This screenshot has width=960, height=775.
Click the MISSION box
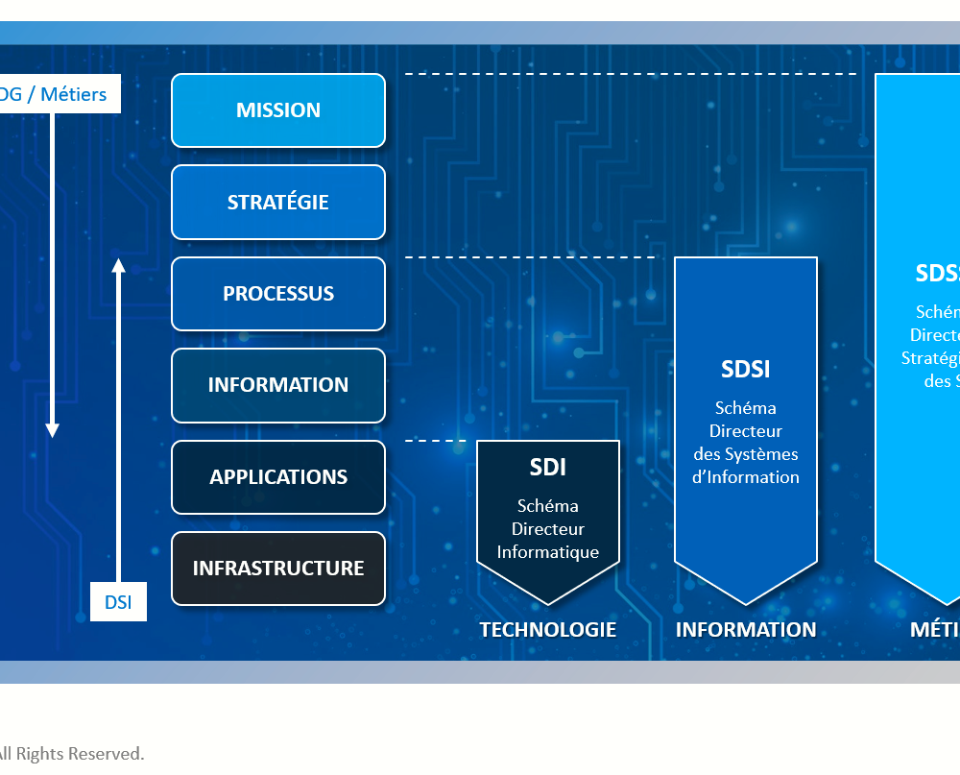click(x=278, y=110)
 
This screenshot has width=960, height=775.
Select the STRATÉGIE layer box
click(x=278, y=203)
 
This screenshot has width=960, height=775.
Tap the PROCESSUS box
click(x=278, y=294)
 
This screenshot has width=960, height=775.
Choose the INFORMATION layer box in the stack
click(x=278, y=385)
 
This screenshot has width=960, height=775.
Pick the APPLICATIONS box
click(x=278, y=477)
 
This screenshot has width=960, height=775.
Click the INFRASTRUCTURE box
click(x=278, y=569)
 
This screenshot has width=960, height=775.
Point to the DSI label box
click(x=118, y=603)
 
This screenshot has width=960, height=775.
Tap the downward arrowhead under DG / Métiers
click(x=53, y=429)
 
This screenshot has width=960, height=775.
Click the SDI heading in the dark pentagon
click(x=548, y=468)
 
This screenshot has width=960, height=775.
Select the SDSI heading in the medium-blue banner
click(x=746, y=369)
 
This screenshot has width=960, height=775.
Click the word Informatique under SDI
click(x=548, y=552)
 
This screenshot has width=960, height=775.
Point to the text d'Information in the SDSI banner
click(x=746, y=477)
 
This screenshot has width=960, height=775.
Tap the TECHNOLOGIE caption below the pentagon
click(x=548, y=630)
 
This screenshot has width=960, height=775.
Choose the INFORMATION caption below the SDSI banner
click(x=746, y=630)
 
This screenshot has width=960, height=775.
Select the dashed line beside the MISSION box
click(x=629, y=73)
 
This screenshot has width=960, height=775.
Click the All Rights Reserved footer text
click(x=72, y=754)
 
